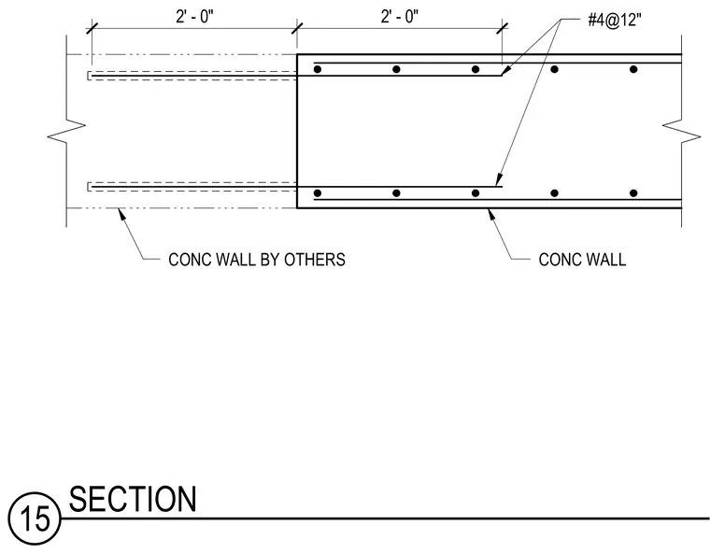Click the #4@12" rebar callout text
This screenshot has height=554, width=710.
tap(615, 21)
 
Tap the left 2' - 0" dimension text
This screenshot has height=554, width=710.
tap(194, 17)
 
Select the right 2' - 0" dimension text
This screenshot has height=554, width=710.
tap(400, 17)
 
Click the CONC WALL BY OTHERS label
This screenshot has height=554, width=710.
tap(257, 260)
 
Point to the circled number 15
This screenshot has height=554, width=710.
tap(35, 518)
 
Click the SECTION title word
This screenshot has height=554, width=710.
tap(133, 499)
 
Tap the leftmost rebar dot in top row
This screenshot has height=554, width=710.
tap(318, 69)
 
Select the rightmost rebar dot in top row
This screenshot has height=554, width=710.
tap(633, 69)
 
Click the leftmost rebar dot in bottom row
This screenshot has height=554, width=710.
tap(318, 193)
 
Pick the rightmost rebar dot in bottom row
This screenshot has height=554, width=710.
tap(633, 193)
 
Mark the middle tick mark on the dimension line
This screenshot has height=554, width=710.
tap(297, 28)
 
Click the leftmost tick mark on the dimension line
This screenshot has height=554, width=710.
tap(92, 28)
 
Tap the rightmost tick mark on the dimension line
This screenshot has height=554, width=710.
tap(503, 28)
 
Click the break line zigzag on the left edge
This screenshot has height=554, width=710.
tap(66, 130)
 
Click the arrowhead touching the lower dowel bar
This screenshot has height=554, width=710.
tap(499, 179)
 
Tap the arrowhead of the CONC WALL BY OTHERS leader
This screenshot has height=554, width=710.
tap(121, 214)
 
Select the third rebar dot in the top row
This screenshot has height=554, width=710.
tap(476, 69)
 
